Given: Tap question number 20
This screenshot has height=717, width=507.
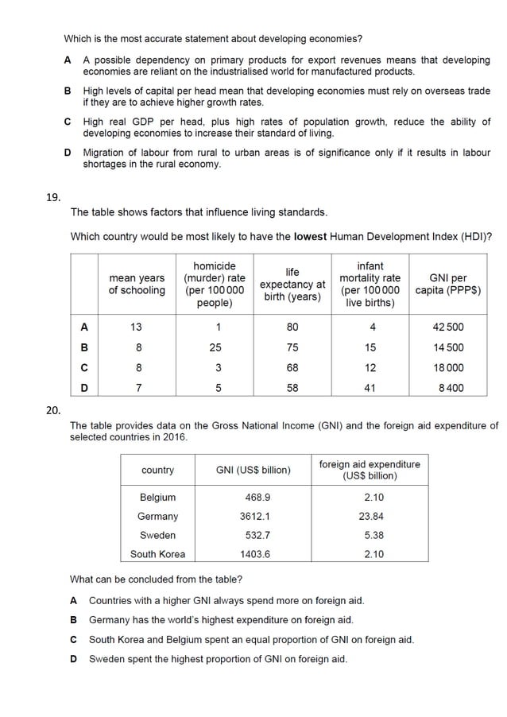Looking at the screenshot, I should coord(53,409).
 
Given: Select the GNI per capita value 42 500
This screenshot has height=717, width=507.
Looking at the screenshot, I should coord(448,327).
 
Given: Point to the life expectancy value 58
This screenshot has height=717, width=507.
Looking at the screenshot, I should coord(292,389).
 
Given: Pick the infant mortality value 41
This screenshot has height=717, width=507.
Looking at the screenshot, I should coord(370,389).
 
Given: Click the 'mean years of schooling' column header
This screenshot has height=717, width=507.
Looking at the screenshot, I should coord(137,284).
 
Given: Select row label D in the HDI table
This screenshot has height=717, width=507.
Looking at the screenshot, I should coord(84,389).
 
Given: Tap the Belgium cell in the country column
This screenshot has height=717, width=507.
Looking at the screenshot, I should coord(157,498).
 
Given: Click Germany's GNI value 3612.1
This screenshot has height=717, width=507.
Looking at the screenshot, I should coord(253,517).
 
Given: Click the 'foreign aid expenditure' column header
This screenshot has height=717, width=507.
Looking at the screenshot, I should coord(370,470).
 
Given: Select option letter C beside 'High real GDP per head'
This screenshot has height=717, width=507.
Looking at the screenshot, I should coord(68,122).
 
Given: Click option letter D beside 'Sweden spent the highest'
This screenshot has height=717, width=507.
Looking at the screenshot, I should coord(74,659).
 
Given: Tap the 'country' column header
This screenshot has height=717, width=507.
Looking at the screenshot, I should coord(157,471).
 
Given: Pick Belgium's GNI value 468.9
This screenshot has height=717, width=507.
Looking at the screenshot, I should coord(253,498).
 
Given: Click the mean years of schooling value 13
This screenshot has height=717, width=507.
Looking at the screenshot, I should coord(137,327).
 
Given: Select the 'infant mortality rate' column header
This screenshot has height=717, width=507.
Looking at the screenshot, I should coord(370,284).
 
